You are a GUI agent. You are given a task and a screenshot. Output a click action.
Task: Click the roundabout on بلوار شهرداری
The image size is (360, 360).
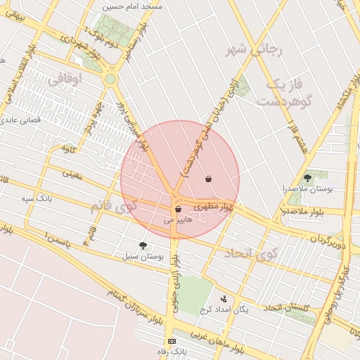(110, 79)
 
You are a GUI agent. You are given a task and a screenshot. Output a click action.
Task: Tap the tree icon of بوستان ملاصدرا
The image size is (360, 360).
(307, 178)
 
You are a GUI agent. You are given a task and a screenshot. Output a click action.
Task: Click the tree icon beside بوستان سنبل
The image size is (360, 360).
(143, 245)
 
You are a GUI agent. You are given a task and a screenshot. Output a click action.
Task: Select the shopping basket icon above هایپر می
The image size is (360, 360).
(177, 209)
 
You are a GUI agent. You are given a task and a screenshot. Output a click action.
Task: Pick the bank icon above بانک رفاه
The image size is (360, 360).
(172, 341)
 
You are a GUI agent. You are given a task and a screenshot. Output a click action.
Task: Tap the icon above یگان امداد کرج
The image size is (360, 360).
(224, 299)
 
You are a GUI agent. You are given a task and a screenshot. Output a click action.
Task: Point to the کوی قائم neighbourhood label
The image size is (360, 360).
(112, 207)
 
